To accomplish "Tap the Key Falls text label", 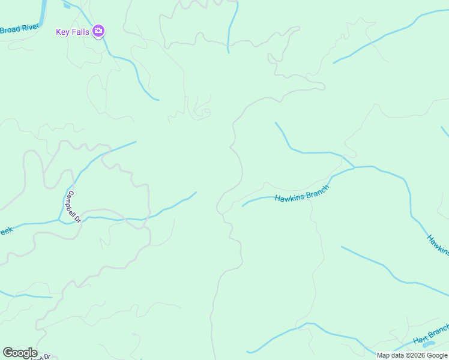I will point(72,32).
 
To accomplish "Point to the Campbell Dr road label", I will point(74,206).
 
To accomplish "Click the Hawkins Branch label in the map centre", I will point(301,194).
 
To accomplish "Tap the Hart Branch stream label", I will point(431,335).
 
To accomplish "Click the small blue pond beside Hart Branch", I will point(429,345).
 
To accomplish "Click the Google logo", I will point(20,353).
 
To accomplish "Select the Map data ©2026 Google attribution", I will point(412,355).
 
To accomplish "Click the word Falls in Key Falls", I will point(80,32).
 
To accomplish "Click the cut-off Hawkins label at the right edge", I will point(438,245).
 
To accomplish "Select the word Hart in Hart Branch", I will point(420,339).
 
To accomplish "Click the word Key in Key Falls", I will point(62,32).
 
